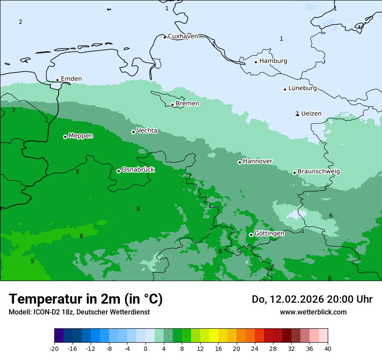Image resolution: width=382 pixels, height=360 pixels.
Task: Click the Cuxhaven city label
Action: click(183, 36)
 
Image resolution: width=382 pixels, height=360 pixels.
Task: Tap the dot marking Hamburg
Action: click(256, 62)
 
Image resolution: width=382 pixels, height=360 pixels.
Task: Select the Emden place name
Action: click(71, 79)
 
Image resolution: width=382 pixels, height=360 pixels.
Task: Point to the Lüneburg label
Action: click(303, 88)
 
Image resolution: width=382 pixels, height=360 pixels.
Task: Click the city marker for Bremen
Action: click(172, 105)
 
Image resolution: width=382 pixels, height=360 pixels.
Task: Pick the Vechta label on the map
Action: click(147, 131)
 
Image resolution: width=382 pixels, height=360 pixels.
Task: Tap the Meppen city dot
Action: click(65, 137)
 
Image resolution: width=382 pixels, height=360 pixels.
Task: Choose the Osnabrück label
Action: click(138, 170)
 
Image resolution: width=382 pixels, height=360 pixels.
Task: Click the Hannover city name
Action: click(257, 161)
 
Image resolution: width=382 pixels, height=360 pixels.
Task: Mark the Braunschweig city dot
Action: click(294, 173)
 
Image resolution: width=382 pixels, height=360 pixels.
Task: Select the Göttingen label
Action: click(269, 233)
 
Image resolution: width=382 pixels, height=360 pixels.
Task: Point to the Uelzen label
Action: click(311, 114)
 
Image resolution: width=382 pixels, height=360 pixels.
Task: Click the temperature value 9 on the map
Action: click(32, 261)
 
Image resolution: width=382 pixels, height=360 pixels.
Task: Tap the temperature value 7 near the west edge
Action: click(13, 111)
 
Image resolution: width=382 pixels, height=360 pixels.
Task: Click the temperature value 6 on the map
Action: click(331, 216)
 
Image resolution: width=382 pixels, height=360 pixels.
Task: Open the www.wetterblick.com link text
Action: click(313, 312)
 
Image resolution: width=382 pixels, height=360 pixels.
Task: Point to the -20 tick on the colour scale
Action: click(54, 349)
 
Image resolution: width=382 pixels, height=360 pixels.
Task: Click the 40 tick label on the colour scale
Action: click(328, 349)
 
